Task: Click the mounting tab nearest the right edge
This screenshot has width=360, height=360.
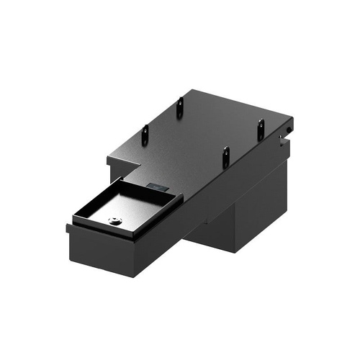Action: (x=261, y=130)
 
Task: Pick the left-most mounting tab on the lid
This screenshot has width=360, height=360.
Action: (x=145, y=134)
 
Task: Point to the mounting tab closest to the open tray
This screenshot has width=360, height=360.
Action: (x=225, y=157)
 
